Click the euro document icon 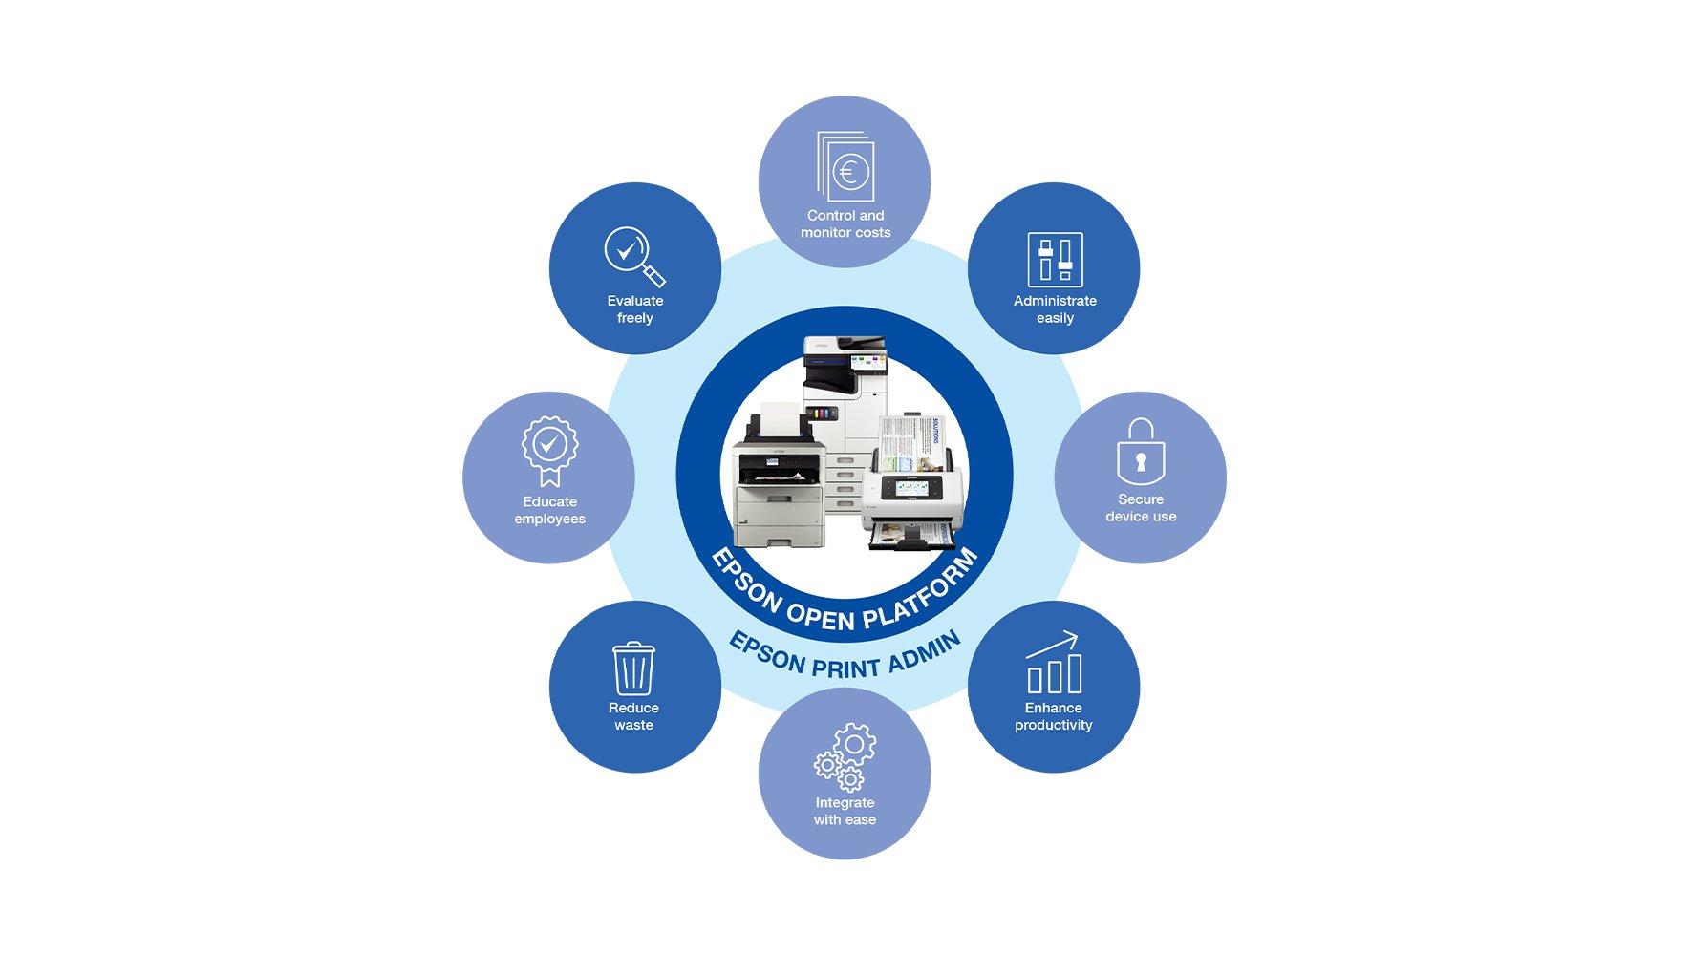tap(845, 166)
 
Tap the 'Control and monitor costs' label tap(845, 224)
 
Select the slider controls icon tap(1055, 259)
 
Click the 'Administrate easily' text tap(1055, 309)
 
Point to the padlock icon tap(1141, 452)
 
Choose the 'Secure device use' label tap(1141, 508)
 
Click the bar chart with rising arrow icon tap(1054, 663)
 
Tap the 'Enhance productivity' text tap(1054, 716)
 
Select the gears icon tap(845, 757)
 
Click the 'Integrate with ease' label tap(845, 812)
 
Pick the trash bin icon tap(633, 668)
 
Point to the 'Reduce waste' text tap(633, 716)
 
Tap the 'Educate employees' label tap(549, 510)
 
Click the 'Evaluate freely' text tap(634, 309)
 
